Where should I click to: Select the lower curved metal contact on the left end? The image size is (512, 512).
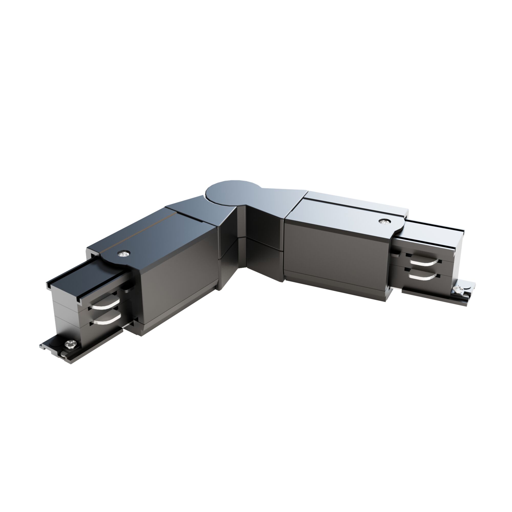(x=105, y=321)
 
